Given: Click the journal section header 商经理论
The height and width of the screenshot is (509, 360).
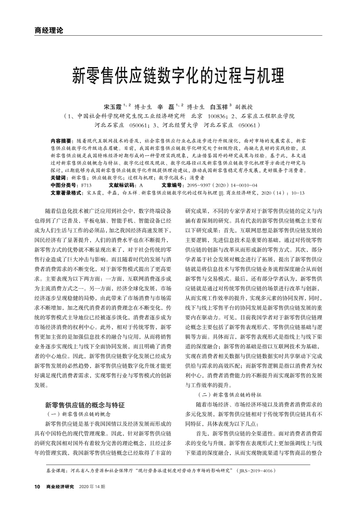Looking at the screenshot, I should [x=49, y=30].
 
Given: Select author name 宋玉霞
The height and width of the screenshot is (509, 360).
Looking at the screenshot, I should [x=112, y=106].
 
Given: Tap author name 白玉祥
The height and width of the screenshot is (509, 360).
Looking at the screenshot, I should [x=219, y=106].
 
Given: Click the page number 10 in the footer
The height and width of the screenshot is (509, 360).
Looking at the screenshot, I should [x=37, y=486].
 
